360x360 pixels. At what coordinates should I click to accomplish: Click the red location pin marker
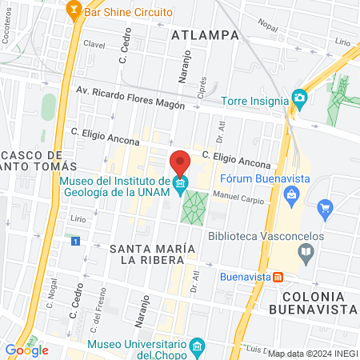click(180, 163)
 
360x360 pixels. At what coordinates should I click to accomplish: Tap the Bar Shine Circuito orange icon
click(74, 12)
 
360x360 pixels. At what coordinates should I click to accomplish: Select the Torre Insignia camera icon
click(300, 99)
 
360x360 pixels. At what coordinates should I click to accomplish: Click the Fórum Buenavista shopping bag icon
click(293, 194)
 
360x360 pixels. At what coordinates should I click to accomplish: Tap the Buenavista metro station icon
click(278, 278)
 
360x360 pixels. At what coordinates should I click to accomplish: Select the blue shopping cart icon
click(325, 210)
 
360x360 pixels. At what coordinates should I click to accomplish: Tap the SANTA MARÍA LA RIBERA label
click(152, 254)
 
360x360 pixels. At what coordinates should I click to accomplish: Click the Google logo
click(26, 350)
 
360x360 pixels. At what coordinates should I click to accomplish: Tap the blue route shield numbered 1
click(75, 241)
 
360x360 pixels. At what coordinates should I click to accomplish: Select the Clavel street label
click(94, 46)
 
